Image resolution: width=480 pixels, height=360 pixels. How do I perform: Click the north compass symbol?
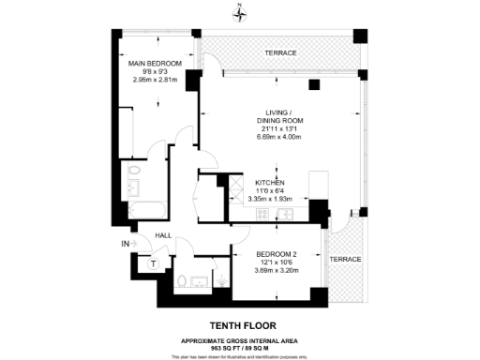[240, 12]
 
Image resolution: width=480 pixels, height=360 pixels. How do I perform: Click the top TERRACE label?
[279, 53]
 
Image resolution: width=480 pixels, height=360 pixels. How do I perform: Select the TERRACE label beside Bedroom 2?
[346, 259]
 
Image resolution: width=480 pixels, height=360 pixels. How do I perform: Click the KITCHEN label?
[276, 183]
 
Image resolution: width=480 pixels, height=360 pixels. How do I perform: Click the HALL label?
[163, 236]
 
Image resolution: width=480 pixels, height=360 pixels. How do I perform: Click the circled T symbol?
[152, 264]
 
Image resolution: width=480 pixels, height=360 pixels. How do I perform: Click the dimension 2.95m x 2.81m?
[153, 80]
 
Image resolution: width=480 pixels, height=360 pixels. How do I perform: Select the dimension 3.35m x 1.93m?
[276, 199]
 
